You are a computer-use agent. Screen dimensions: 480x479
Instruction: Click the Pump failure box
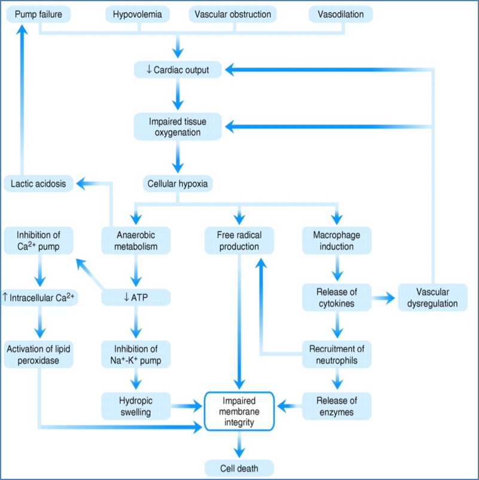(38, 14)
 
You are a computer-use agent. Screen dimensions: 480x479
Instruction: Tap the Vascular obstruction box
(238, 14)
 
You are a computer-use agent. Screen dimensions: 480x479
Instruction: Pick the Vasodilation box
(341, 14)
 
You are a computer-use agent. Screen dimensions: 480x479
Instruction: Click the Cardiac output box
(178, 70)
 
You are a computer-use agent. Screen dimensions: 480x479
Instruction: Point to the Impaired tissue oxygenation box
(178, 127)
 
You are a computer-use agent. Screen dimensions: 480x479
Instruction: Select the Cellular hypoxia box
(178, 184)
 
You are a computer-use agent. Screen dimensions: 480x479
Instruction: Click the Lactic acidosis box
(38, 184)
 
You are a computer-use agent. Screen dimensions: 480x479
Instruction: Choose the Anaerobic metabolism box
(136, 239)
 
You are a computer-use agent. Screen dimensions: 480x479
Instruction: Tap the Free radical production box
(239, 239)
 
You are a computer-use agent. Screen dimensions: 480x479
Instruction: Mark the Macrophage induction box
(337, 239)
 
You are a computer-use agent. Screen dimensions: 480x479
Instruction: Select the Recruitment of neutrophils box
(337, 354)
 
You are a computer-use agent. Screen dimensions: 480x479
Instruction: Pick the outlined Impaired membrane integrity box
(239, 411)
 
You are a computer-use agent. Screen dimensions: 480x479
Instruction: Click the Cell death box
(239, 467)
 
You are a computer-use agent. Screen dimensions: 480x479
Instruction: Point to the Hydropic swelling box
(136, 406)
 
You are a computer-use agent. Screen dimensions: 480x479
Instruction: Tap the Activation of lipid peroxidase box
(39, 354)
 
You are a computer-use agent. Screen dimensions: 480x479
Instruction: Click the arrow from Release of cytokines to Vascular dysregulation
(385, 297)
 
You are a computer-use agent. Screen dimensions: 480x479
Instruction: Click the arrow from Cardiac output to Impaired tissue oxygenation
(178, 95)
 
